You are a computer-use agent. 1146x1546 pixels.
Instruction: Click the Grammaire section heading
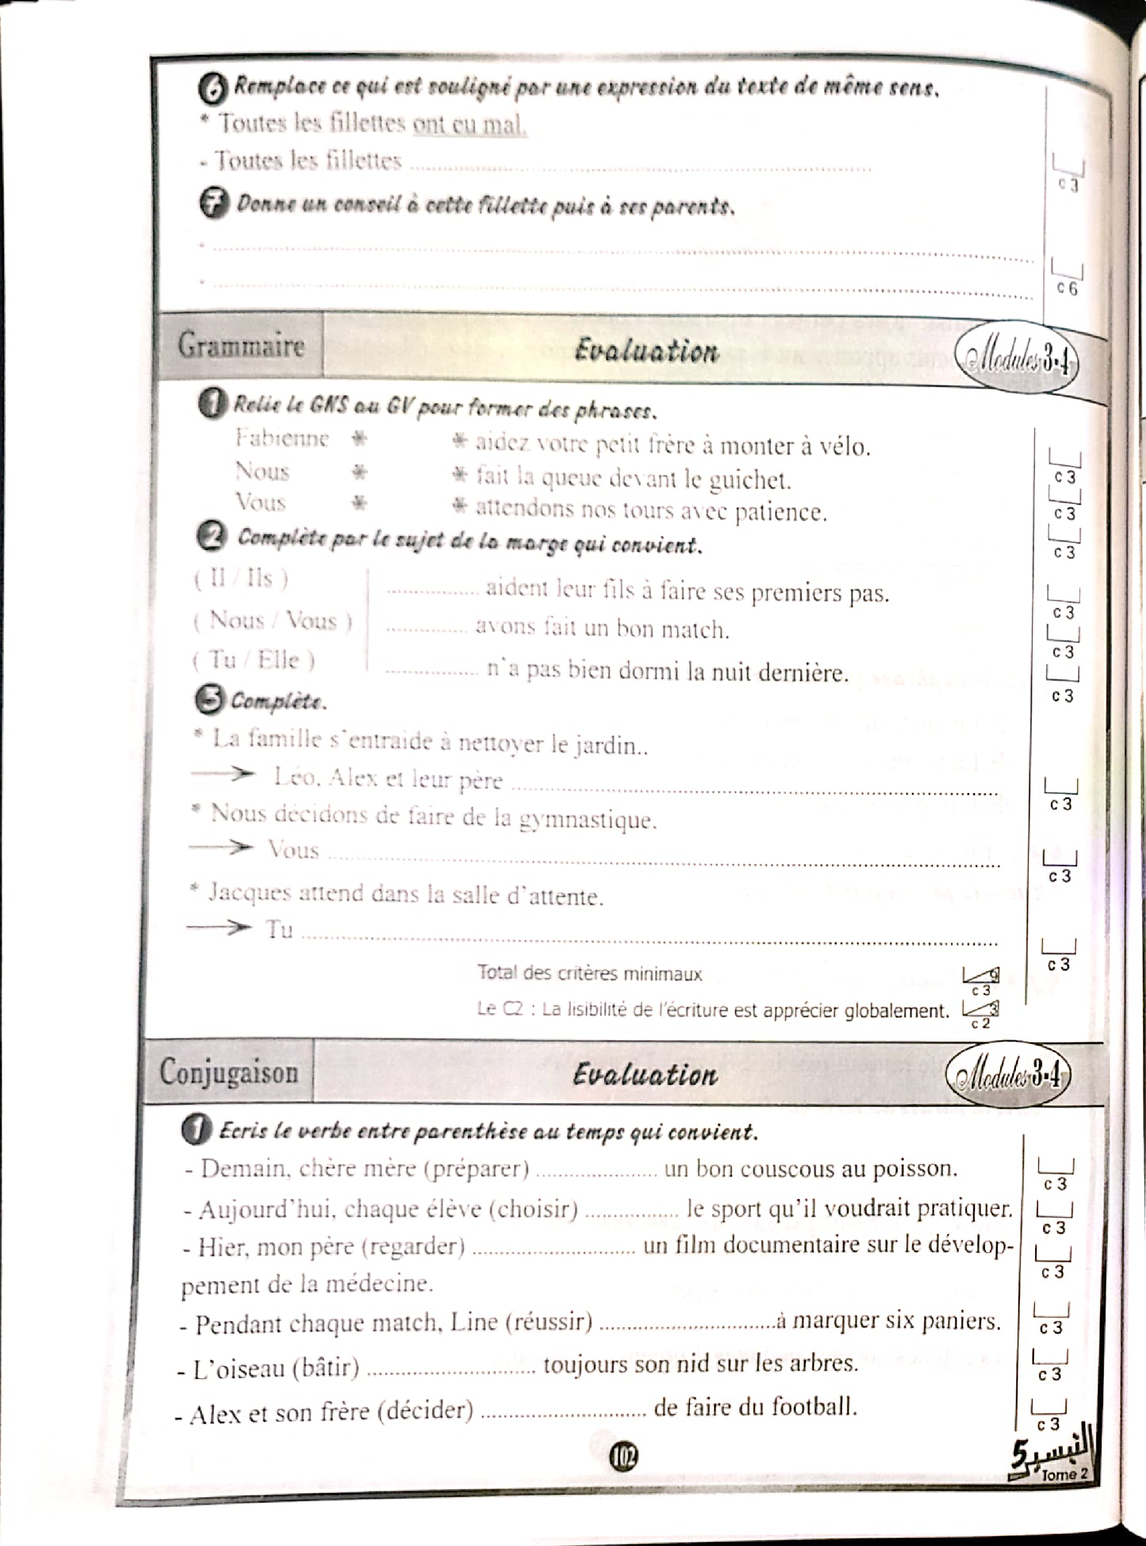tap(241, 346)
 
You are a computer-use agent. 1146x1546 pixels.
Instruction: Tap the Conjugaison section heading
tap(229, 1072)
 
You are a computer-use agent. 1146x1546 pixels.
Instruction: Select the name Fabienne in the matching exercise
tap(281, 438)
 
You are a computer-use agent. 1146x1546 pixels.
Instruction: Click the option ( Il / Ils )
tap(241, 578)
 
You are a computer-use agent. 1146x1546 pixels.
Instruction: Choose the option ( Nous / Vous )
tap(273, 620)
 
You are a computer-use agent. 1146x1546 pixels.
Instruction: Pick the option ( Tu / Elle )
tap(253, 660)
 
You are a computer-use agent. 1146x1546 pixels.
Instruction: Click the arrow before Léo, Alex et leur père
tap(223, 774)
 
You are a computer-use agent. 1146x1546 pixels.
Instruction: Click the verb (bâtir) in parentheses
tap(326, 1367)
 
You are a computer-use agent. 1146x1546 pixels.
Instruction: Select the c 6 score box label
tap(1067, 288)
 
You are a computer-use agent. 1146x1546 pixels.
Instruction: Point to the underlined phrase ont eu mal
tap(469, 125)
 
